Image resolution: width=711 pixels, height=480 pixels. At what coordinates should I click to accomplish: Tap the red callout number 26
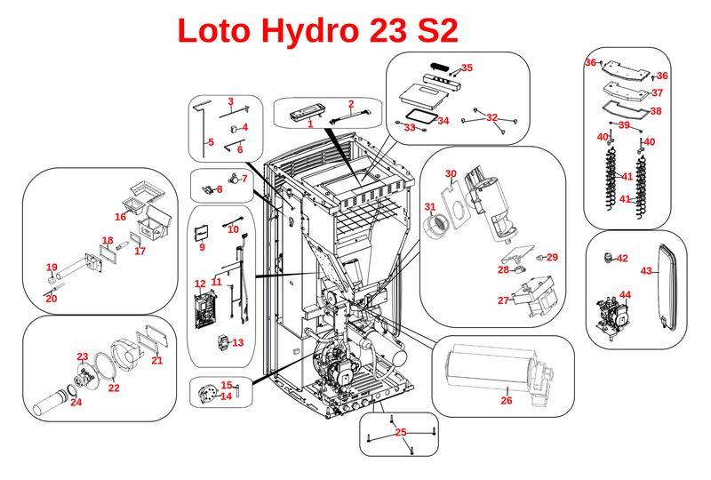click(x=507, y=400)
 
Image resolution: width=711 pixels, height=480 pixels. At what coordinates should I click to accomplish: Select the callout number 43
click(x=647, y=271)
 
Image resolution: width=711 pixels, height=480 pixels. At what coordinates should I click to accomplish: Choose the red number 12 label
click(x=200, y=284)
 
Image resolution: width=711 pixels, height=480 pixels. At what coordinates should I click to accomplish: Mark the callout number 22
click(x=114, y=388)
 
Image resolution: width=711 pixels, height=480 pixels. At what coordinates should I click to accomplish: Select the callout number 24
click(x=76, y=402)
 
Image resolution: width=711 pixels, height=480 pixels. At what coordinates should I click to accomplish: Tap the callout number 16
click(x=120, y=217)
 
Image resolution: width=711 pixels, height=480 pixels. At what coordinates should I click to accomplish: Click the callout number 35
click(x=467, y=68)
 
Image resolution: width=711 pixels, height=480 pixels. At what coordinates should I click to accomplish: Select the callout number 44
click(x=626, y=294)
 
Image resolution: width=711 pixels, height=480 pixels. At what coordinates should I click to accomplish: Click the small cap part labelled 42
click(x=608, y=259)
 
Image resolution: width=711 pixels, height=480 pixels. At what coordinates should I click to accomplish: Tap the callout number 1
click(x=310, y=124)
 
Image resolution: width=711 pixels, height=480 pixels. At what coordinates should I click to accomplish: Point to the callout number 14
click(x=226, y=396)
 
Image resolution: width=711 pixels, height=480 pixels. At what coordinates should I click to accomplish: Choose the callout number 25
click(x=400, y=432)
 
